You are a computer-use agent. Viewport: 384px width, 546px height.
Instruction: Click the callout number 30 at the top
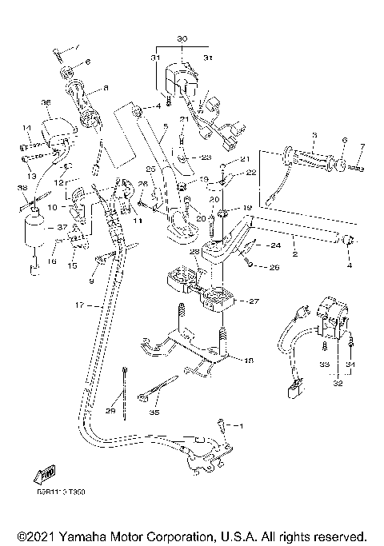(182, 38)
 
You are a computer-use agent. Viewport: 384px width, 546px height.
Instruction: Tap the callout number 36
(46, 102)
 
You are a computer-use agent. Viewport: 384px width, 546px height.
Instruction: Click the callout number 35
(154, 413)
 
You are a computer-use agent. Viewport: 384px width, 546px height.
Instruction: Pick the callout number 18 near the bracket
(248, 361)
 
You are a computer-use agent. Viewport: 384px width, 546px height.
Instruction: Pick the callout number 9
(91, 281)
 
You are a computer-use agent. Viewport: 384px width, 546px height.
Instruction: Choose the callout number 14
(26, 128)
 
